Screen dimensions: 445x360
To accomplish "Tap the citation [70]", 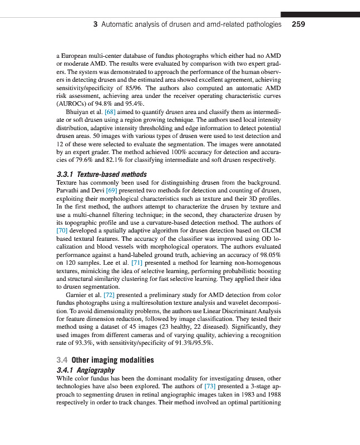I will [62, 229].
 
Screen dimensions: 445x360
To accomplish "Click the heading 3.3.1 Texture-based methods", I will [102, 174].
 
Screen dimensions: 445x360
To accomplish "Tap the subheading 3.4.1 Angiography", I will [86, 369].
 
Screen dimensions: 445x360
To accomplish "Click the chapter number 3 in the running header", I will [96, 24].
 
